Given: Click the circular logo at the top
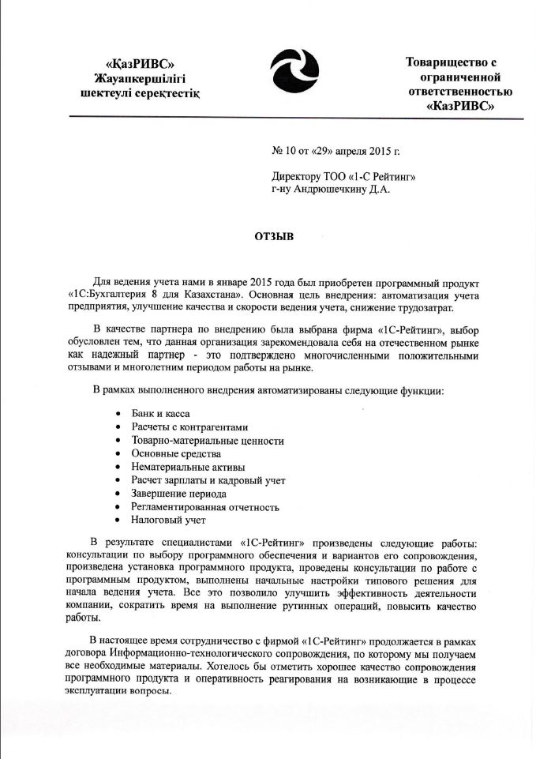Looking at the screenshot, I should pyautogui.click(x=294, y=72).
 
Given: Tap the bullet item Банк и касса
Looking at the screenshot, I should pyautogui.click(x=160, y=414).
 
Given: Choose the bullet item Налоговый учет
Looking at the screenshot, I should pyautogui.click(x=168, y=520).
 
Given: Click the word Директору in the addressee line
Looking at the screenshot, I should pyautogui.click(x=297, y=176).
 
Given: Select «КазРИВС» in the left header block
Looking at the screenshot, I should pyautogui.click(x=140, y=63).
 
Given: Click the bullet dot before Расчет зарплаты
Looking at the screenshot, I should pyautogui.click(x=118, y=480).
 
